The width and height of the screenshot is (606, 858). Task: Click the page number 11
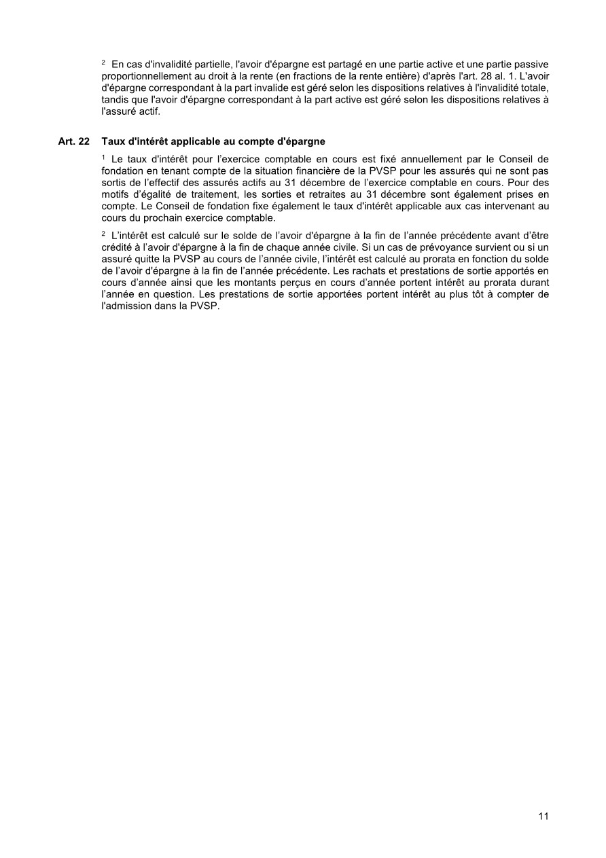(543, 817)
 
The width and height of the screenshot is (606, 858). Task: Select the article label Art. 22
(74, 142)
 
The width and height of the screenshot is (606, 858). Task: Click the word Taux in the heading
(112, 142)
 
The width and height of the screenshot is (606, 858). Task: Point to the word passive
(533, 64)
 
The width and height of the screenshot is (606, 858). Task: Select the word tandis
(113, 100)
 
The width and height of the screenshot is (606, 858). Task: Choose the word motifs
(115, 194)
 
